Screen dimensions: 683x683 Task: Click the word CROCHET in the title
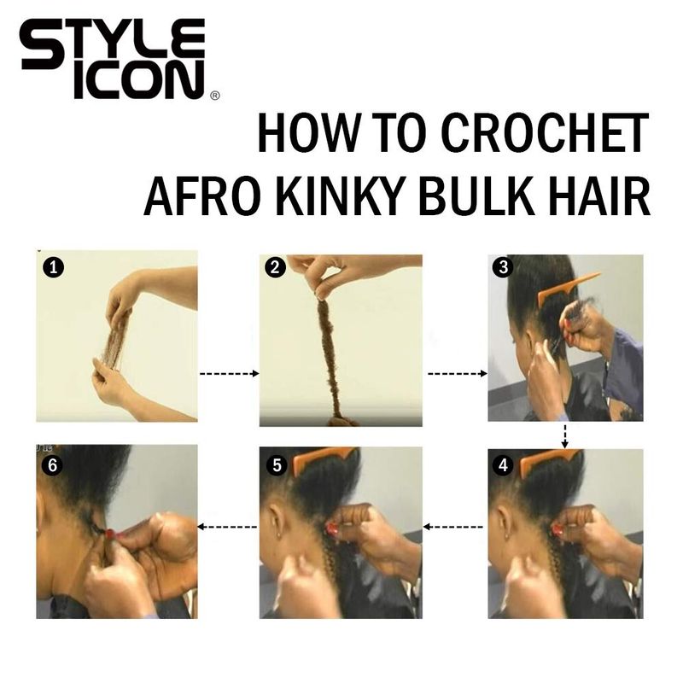coord(545,133)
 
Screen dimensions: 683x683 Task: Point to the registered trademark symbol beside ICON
coord(215,96)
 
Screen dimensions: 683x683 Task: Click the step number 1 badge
coord(53,267)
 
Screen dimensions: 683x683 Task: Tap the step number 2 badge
coord(275,267)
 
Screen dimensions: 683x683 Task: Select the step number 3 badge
coord(503,267)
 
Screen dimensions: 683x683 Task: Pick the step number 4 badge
coord(503,465)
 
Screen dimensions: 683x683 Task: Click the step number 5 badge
coord(277,465)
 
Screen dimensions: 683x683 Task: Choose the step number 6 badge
coord(52,465)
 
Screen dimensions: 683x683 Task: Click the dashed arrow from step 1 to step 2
coord(230,374)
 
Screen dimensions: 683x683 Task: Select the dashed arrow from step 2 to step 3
coord(458,374)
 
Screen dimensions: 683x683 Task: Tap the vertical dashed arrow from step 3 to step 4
coord(565,435)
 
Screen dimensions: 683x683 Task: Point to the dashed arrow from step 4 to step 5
coord(453,527)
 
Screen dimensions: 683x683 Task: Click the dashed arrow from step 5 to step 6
coord(227,527)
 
